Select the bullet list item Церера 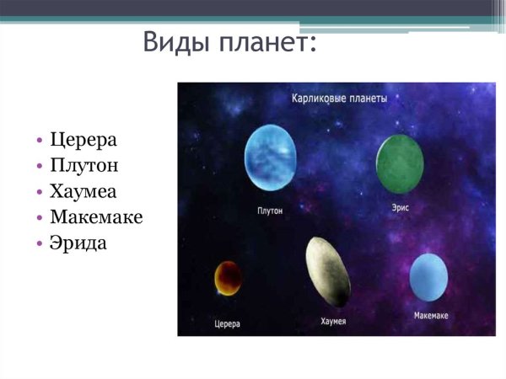[x=83, y=139]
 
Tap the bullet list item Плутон [x=84, y=165]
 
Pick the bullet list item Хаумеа [x=83, y=191]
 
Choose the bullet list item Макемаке [x=96, y=217]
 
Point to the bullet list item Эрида [x=78, y=243]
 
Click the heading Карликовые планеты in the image [x=339, y=99]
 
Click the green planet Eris [x=399, y=163]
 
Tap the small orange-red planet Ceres [x=228, y=277]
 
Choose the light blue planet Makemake [x=428, y=277]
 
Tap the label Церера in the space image [x=228, y=323]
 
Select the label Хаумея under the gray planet [x=334, y=321]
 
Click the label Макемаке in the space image [x=431, y=316]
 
